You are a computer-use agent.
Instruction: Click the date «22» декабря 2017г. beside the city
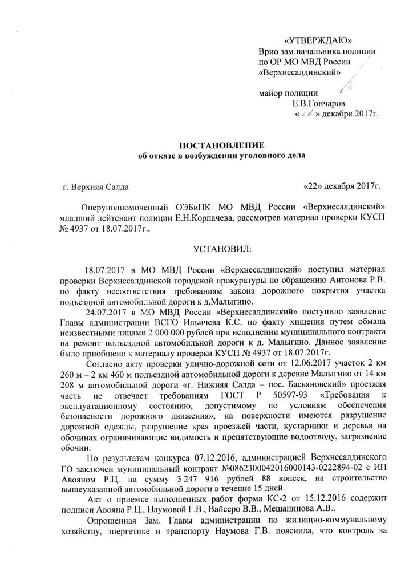342,186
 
